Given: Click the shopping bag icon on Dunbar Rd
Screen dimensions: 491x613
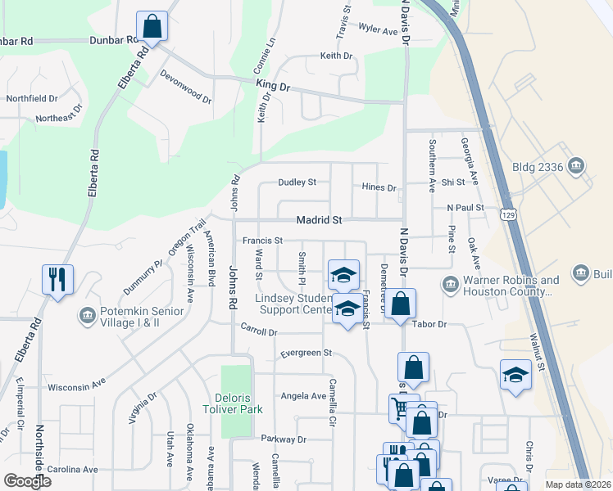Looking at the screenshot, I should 152,26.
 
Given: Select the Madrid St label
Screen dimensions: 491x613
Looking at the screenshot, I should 319,220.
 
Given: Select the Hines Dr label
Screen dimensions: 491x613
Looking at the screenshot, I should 379,187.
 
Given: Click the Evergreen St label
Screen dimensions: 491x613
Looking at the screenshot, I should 305,353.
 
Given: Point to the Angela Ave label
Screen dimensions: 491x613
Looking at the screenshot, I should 303,395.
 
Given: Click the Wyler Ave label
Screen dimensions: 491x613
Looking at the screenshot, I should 378,29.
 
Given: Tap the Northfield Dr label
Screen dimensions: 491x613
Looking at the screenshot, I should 32,98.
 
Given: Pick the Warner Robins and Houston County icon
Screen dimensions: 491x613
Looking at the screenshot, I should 450,286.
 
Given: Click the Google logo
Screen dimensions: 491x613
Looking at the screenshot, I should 28,481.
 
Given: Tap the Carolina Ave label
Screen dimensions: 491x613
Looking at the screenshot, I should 72,470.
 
